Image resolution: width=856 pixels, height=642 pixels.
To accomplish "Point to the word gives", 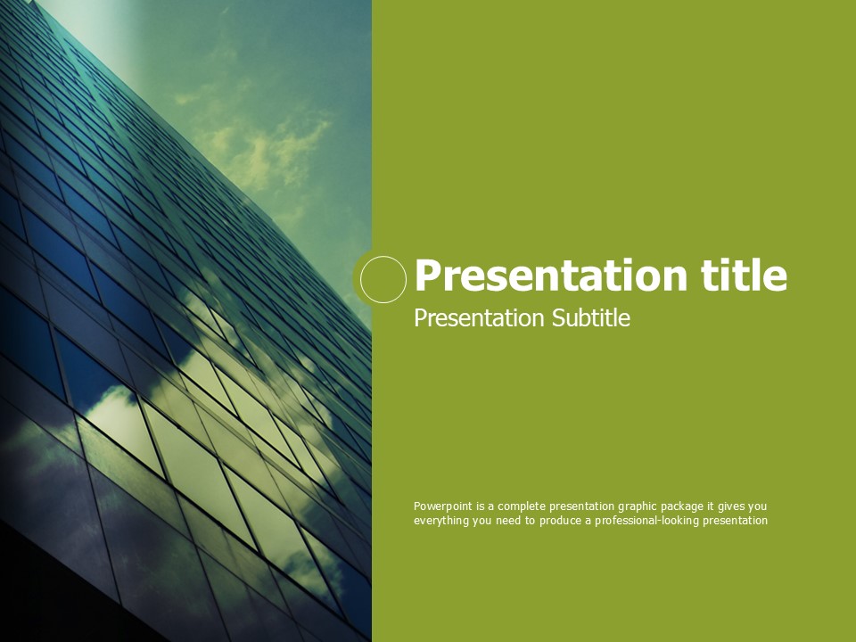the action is click(x=731, y=506).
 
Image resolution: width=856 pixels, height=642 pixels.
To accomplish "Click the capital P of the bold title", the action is click(x=427, y=275).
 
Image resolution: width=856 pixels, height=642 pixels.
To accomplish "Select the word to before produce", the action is click(x=531, y=520).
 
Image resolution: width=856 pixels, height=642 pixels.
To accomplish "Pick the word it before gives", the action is click(x=711, y=506).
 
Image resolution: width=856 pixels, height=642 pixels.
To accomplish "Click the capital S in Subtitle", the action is click(x=557, y=317).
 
